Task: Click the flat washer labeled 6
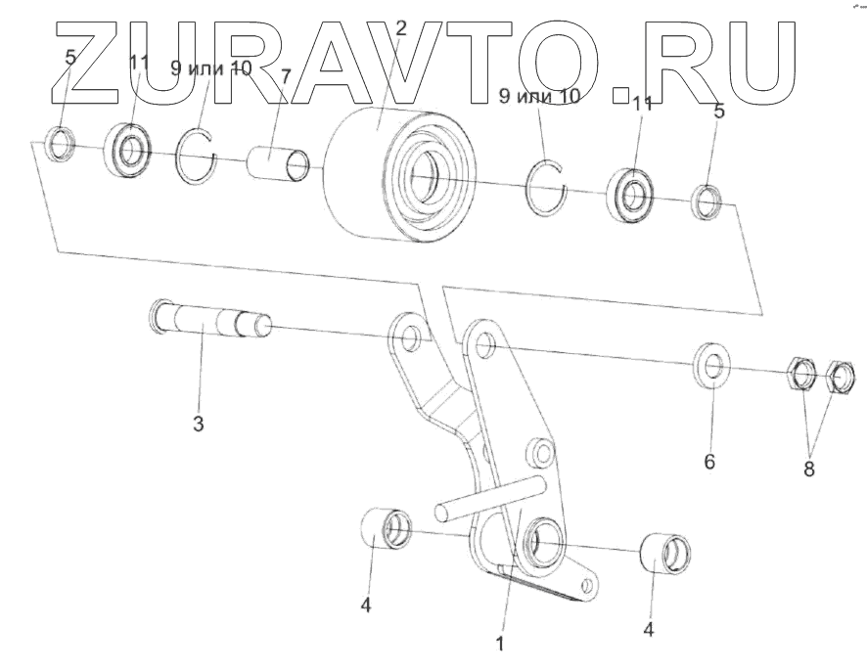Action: (713, 364)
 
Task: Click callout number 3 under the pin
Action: (198, 425)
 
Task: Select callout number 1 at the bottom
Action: (500, 645)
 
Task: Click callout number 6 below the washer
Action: (709, 459)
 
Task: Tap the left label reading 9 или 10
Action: (211, 68)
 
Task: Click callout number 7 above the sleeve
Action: (286, 77)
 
